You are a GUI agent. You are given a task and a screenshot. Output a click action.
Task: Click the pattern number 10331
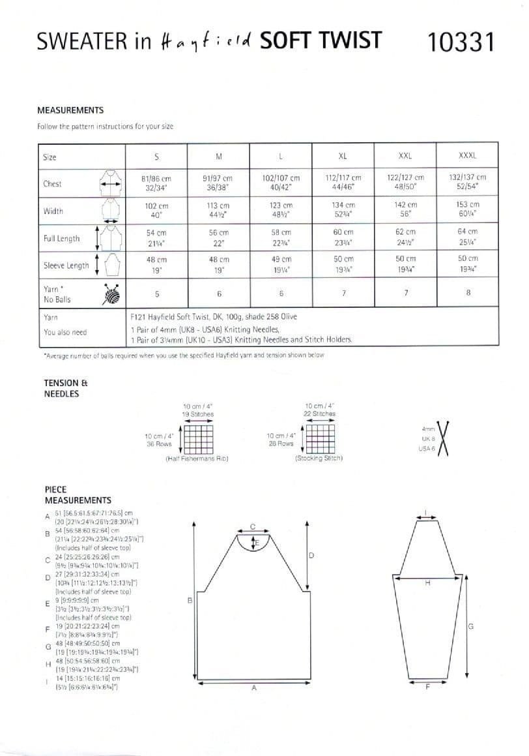pyautogui.click(x=461, y=42)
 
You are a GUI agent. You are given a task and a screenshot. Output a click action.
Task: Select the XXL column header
pyautogui.click(x=405, y=157)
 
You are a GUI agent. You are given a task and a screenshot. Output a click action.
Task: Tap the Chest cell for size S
pyautogui.click(x=156, y=183)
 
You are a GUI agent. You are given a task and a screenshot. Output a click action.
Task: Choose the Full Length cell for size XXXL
pyautogui.click(x=468, y=237)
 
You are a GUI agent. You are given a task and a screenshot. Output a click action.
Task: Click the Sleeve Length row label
pyautogui.click(x=66, y=265)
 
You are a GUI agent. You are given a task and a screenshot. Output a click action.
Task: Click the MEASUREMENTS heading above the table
pyautogui.click(x=70, y=111)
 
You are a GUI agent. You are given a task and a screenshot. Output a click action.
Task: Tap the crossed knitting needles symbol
pyautogui.click(x=446, y=438)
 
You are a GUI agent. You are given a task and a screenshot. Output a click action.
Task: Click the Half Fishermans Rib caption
pyautogui.click(x=197, y=459)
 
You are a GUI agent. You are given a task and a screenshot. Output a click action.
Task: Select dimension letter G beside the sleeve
pyautogui.click(x=470, y=626)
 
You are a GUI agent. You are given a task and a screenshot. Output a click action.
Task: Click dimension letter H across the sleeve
pyautogui.click(x=428, y=582)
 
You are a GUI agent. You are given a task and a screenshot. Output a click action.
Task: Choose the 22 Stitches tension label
pyautogui.click(x=320, y=414)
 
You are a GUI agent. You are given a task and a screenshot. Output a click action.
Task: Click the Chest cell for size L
pyautogui.click(x=281, y=183)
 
